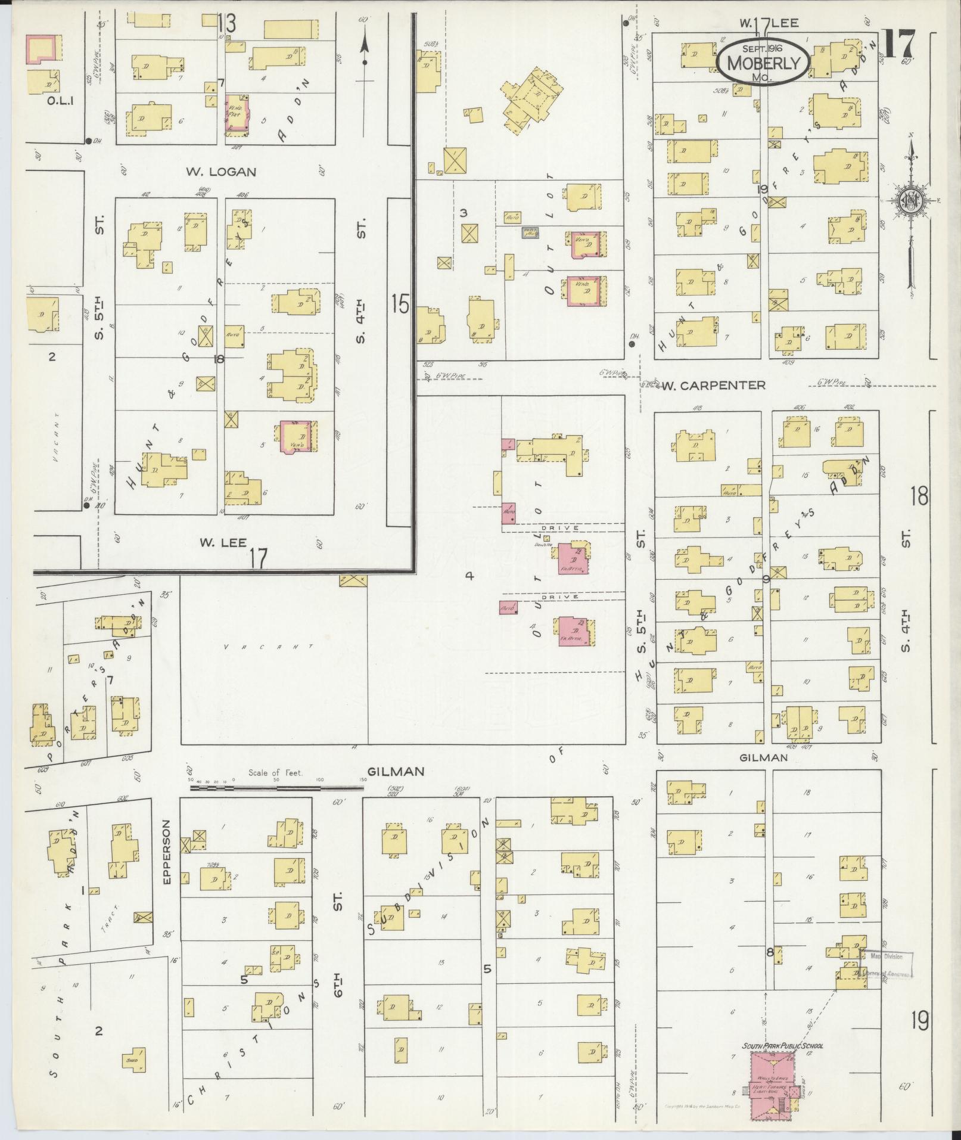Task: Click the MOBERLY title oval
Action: click(763, 61)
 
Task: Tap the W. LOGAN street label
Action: click(221, 172)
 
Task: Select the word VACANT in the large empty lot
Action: click(269, 647)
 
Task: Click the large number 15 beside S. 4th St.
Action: click(400, 305)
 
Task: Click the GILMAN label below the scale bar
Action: click(396, 771)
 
